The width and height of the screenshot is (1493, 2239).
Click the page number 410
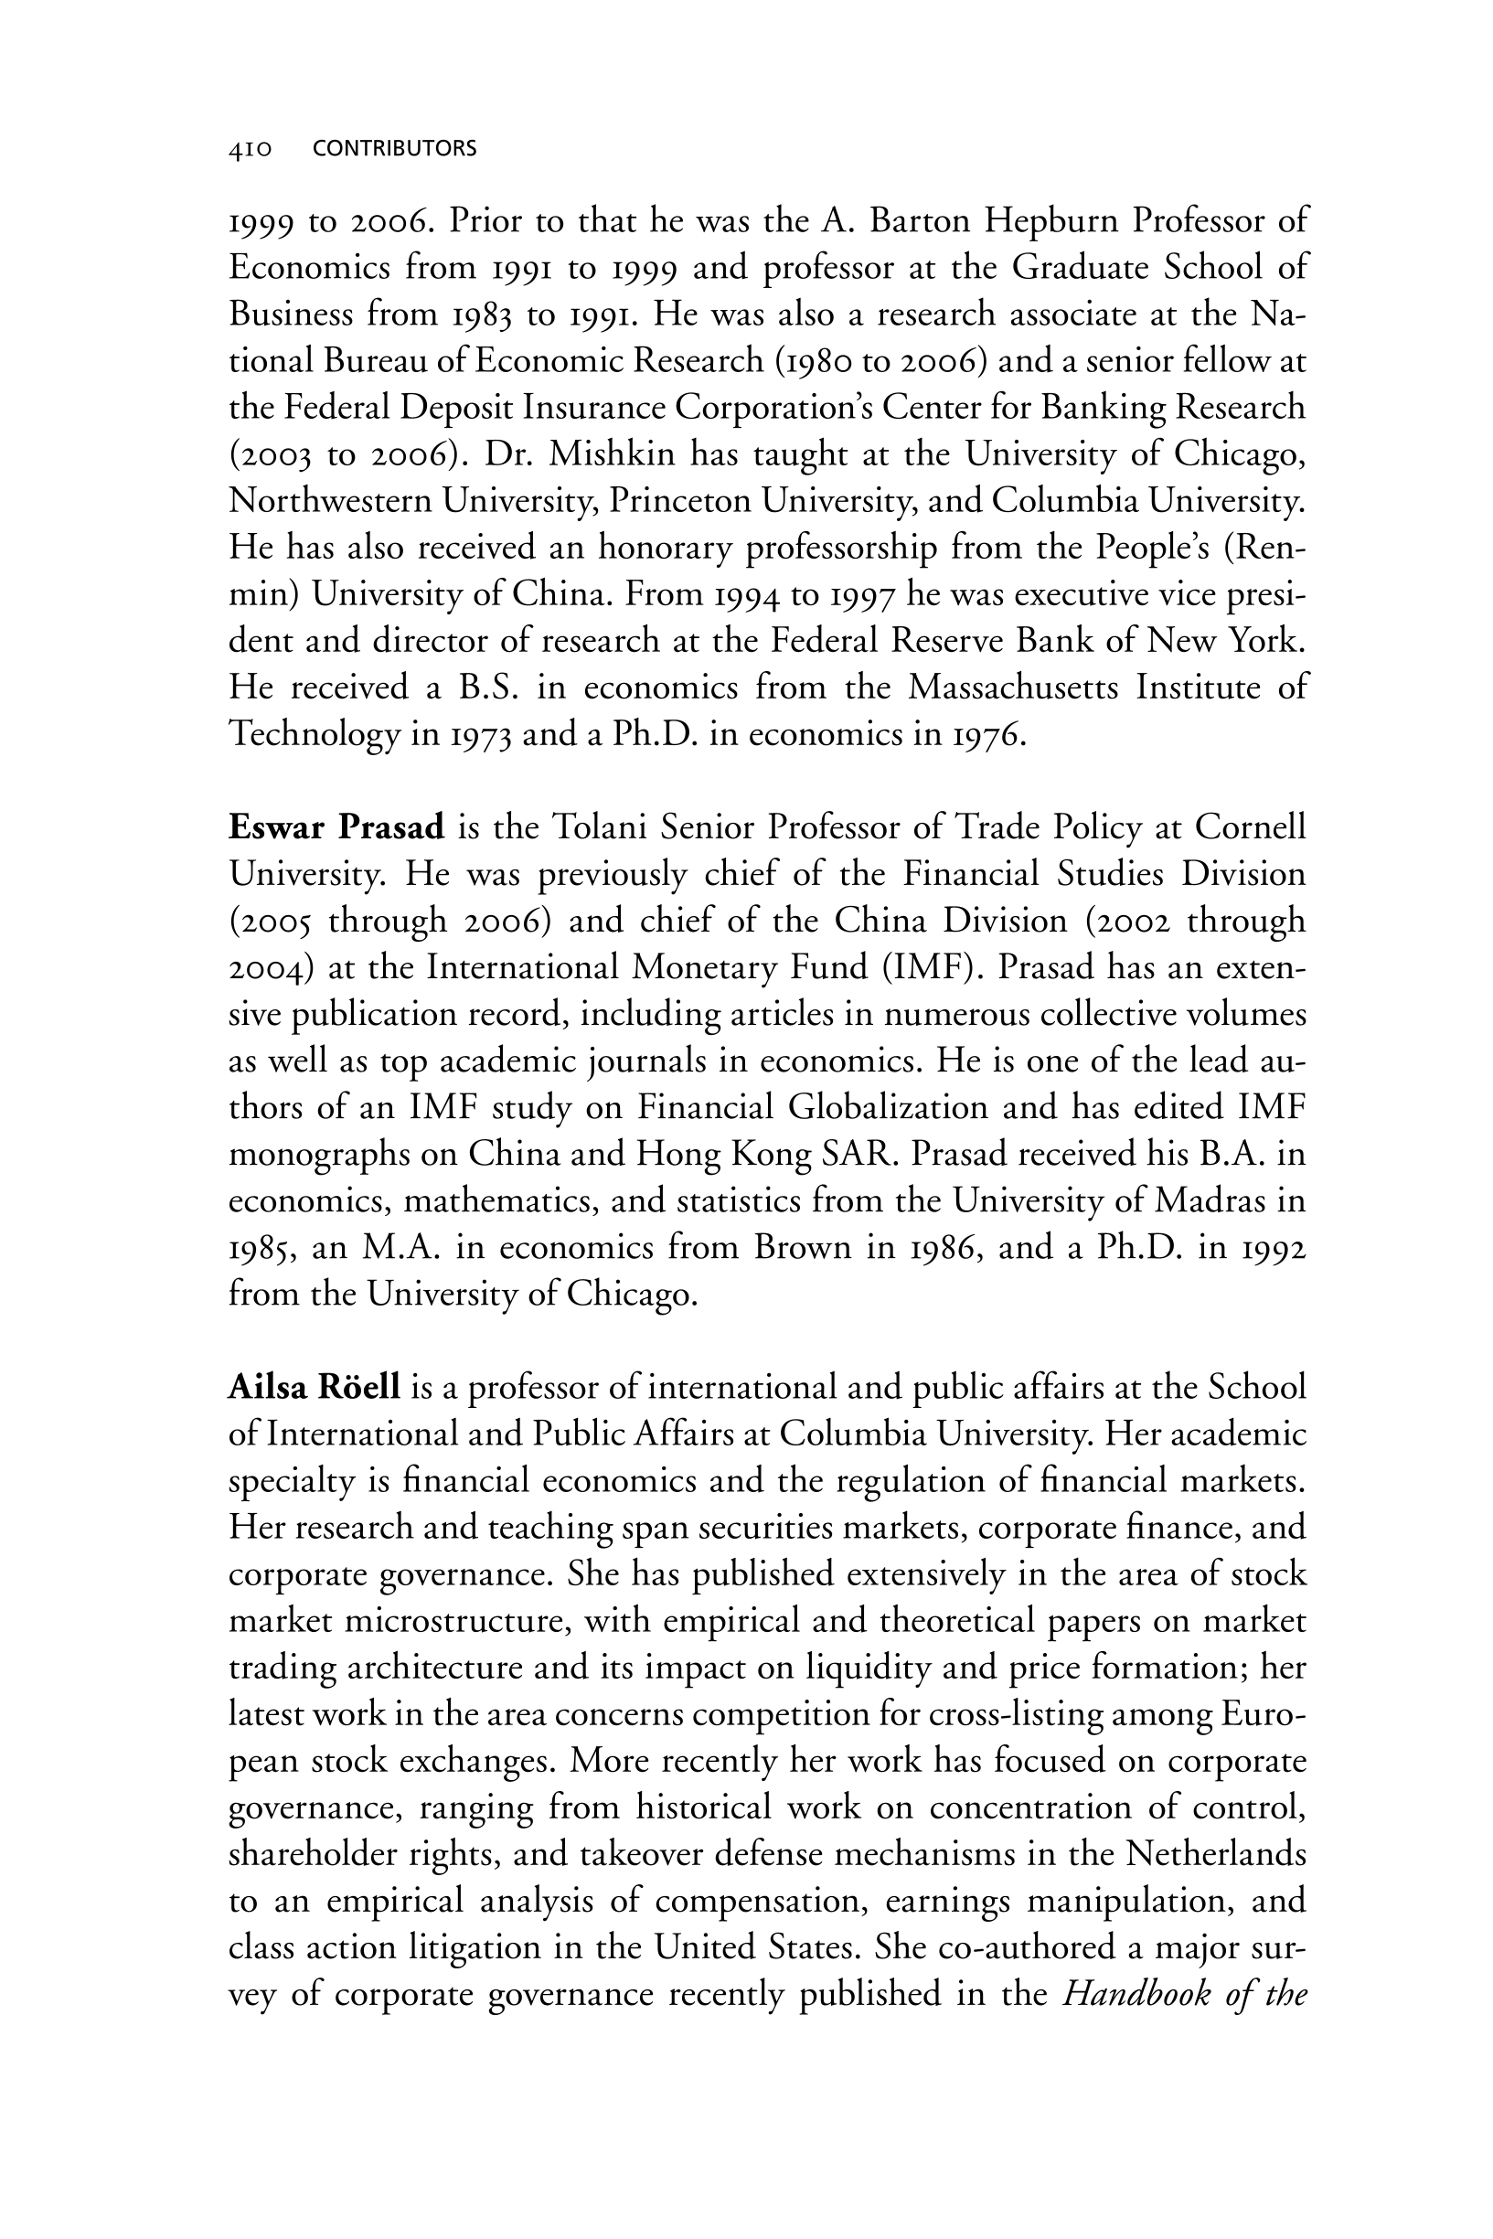(251, 149)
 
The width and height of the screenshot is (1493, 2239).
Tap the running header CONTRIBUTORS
(394, 148)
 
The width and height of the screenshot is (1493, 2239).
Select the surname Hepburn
(1050, 222)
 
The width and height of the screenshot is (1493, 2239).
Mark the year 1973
(481, 735)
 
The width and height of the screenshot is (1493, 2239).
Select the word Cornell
(1250, 828)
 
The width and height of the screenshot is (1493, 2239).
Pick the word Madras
(1210, 1201)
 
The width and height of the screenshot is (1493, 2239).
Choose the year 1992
(1275, 1248)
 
